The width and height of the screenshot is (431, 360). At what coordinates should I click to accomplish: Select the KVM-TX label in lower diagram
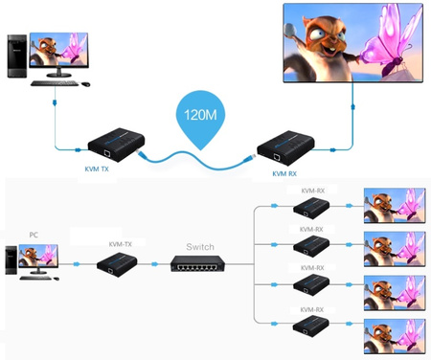click(120, 245)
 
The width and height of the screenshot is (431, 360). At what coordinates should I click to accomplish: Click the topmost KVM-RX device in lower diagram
click(311, 214)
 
